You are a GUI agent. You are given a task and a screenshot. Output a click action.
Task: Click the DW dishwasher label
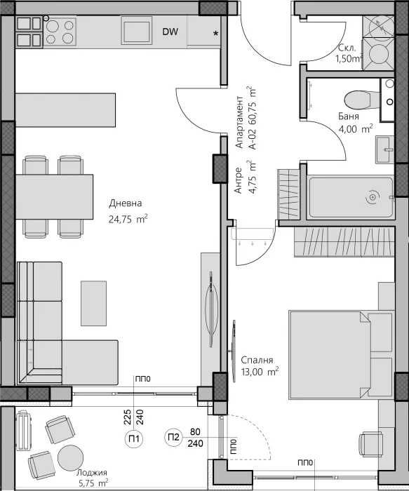(x=170, y=32)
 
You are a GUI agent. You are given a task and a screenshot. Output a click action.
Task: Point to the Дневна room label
(x=125, y=203)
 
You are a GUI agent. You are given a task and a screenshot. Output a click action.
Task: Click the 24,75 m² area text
(x=127, y=219)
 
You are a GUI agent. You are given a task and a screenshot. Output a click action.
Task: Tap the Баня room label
(x=349, y=116)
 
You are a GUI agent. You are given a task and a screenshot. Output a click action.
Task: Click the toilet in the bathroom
(x=358, y=99)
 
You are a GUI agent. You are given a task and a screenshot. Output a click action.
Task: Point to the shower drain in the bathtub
(x=371, y=199)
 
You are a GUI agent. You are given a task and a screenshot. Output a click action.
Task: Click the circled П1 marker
(x=133, y=440)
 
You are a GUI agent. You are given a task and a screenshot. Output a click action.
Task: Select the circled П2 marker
(x=173, y=439)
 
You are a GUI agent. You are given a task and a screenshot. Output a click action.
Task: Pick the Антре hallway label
(x=239, y=180)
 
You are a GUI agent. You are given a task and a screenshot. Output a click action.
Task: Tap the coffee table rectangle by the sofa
(x=94, y=302)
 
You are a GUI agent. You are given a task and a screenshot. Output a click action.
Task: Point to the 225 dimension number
(x=127, y=419)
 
